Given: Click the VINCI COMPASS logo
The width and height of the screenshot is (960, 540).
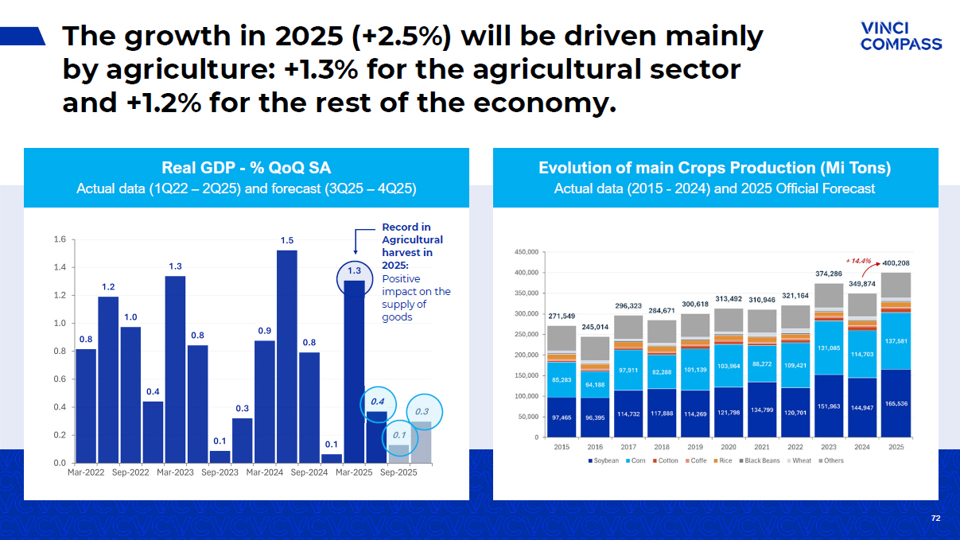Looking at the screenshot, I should coord(900,36).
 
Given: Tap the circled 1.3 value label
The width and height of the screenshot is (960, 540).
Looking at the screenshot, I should coord(355,271).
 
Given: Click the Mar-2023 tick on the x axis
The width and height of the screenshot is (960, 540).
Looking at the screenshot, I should coord(175,472).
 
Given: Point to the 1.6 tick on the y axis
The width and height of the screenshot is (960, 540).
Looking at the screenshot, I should coord(59,239).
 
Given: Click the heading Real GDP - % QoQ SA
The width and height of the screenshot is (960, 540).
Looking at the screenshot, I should coord(247,167).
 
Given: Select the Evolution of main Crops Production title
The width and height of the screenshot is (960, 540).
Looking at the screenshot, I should coord(714,167).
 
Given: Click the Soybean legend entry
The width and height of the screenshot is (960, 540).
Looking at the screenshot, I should coord(603,460).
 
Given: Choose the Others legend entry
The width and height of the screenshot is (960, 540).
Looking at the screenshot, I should coord(830,460).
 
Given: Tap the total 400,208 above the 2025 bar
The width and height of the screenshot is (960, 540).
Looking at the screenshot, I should coord(896,262).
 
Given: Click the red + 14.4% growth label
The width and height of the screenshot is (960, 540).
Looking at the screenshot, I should coord(858,260).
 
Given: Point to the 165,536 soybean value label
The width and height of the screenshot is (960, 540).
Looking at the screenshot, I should coord(896,404).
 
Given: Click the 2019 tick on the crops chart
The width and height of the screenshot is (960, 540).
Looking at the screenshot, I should coord(695,446).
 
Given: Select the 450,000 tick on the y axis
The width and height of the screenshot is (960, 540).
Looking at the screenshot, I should coord(527,252).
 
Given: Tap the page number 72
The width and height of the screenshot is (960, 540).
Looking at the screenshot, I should coord(935,519).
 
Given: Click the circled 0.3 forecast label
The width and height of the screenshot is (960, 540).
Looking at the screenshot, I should coord(422,411).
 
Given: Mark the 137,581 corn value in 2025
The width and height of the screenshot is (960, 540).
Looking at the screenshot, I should coord(896,341).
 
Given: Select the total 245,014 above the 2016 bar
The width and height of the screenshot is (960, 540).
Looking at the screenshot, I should coord(595,327).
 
